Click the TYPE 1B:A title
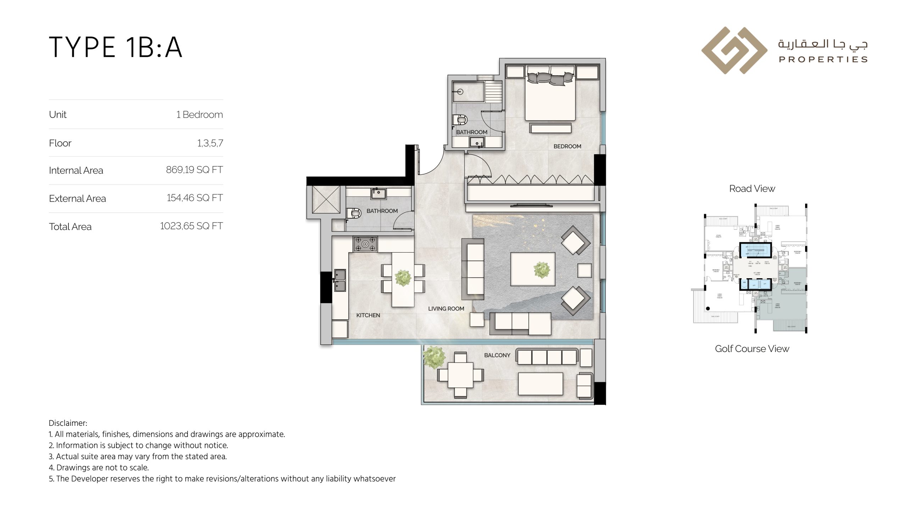pyautogui.click(x=116, y=47)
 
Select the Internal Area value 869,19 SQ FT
pyautogui.click(x=194, y=170)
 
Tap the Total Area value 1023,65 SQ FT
pyautogui.click(x=191, y=226)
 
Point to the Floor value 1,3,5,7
pyautogui.click(x=210, y=143)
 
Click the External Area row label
pyautogui.click(x=77, y=198)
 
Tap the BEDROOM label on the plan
pyautogui.click(x=567, y=146)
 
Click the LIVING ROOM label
pyautogui.click(x=446, y=309)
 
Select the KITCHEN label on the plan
pyautogui.click(x=368, y=315)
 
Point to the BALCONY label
pyautogui.click(x=497, y=355)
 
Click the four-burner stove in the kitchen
pyautogui.click(x=365, y=244)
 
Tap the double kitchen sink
pyautogui.click(x=340, y=280)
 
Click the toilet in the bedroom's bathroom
pyautogui.click(x=460, y=120)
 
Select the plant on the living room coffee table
pyautogui.click(x=542, y=270)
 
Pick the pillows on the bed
pyautogui.click(x=550, y=78)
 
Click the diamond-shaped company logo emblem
pyautogui.click(x=734, y=50)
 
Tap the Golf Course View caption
pyautogui.click(x=752, y=349)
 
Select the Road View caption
pyautogui.click(x=752, y=189)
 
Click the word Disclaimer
pyautogui.click(x=67, y=423)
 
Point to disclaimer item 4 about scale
pyautogui.click(x=99, y=467)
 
